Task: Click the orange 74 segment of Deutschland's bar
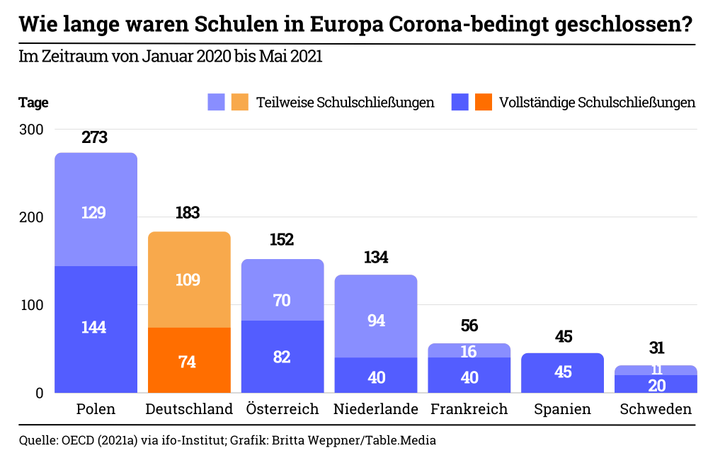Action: pyautogui.click(x=189, y=360)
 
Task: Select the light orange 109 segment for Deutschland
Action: pyautogui.click(x=189, y=280)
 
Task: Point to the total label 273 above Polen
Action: pyautogui.click(x=95, y=137)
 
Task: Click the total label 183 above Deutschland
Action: pyautogui.click(x=188, y=213)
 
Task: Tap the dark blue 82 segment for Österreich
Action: pyautogui.click(x=282, y=357)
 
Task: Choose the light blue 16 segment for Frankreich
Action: pyautogui.click(x=469, y=351)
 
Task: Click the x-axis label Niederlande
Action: pyautogui.click(x=376, y=409)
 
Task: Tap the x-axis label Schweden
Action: pyautogui.click(x=656, y=409)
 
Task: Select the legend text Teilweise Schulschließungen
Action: pyautogui.click(x=345, y=103)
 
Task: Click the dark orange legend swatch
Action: pyautogui.click(x=484, y=103)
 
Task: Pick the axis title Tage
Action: pyautogui.click(x=33, y=103)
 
